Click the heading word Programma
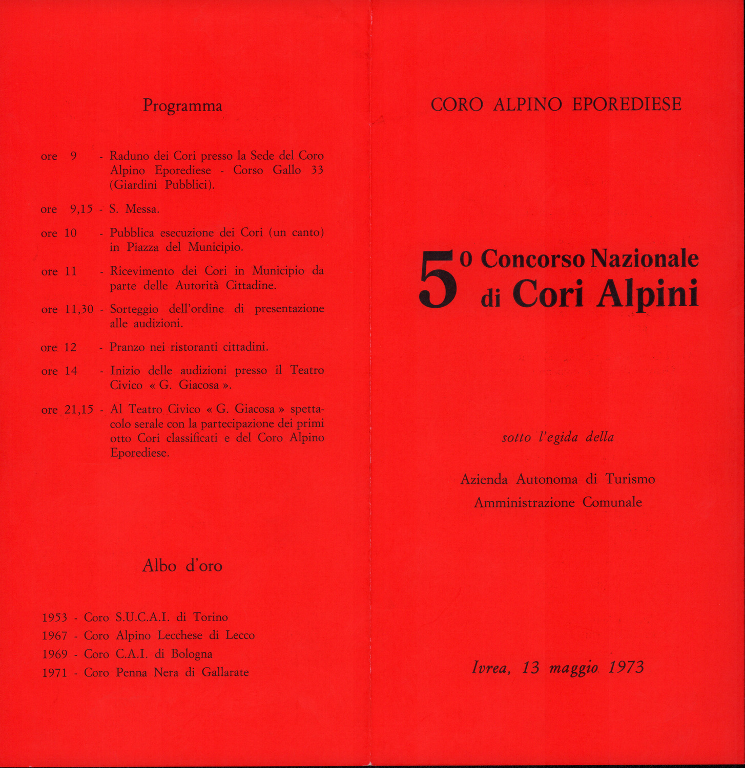[x=182, y=106]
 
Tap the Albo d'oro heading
[x=182, y=566]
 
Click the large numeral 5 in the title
[x=438, y=280]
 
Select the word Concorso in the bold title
[x=533, y=259]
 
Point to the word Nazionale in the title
[x=645, y=259]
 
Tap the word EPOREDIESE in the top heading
[x=627, y=104]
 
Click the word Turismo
[x=630, y=479]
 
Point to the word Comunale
[x=612, y=502]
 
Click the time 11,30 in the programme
[x=79, y=309]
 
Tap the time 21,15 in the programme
[x=79, y=410]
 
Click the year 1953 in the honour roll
[x=55, y=617]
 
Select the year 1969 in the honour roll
[x=55, y=654]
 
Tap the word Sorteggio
[x=134, y=310]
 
